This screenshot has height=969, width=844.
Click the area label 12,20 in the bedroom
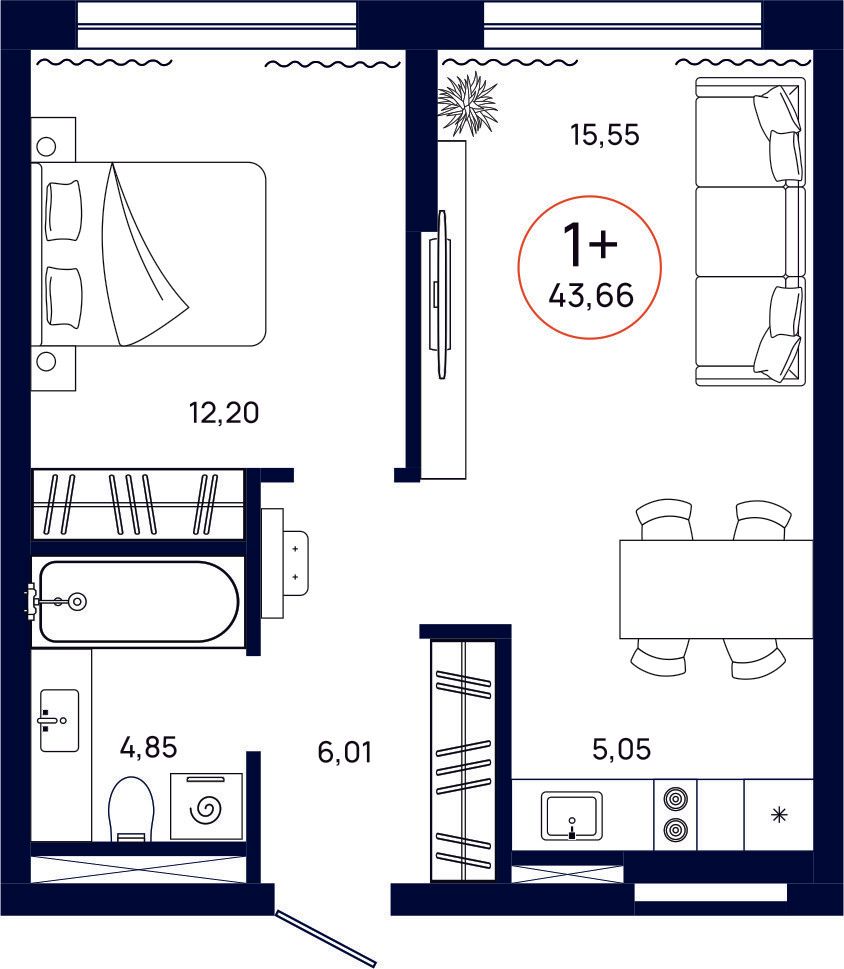[x=224, y=412]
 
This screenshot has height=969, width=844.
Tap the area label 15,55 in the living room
[x=604, y=135]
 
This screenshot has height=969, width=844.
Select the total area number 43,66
[x=590, y=295]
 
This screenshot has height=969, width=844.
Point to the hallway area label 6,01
[x=345, y=751]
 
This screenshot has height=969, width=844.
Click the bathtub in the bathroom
[x=136, y=601]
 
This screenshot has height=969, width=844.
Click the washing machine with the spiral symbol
[x=207, y=806]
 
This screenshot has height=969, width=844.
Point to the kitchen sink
[x=571, y=815]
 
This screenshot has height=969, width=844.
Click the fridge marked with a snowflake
[x=778, y=815]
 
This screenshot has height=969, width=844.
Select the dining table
[x=716, y=589]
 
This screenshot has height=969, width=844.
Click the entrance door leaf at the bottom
[x=326, y=937]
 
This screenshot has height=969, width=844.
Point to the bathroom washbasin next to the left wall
[x=59, y=720]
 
